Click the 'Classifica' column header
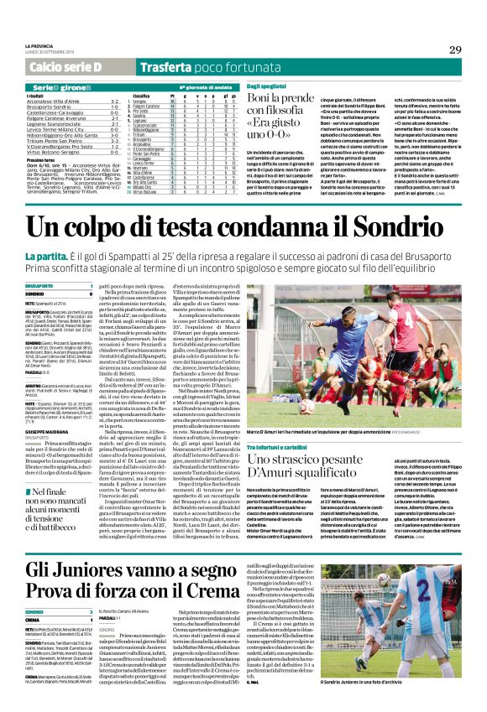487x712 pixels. [x=141, y=96]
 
